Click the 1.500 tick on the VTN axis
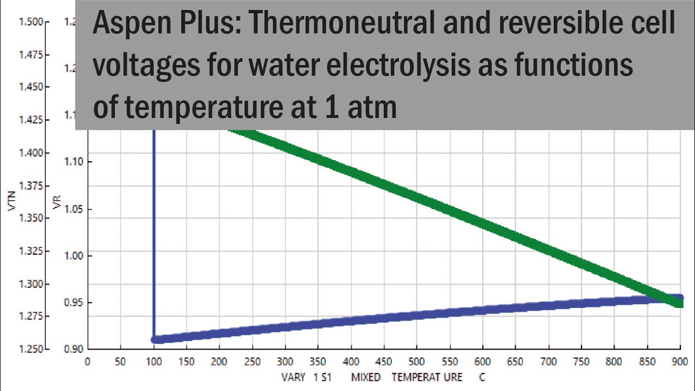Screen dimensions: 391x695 (x=30, y=22)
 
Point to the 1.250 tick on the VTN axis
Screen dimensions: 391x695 (x=30, y=349)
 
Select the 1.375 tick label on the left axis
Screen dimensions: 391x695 (x=30, y=186)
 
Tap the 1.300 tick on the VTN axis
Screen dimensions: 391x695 (x=30, y=283)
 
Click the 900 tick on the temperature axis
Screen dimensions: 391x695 (x=680, y=362)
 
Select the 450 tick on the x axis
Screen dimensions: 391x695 (x=384, y=362)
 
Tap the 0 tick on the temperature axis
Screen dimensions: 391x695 (x=87, y=362)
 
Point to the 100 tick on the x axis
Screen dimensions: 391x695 (x=154, y=362)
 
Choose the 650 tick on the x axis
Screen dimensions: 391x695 (x=515, y=362)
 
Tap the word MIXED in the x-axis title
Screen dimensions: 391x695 (x=365, y=377)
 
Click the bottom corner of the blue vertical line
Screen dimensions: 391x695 (x=154, y=339)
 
